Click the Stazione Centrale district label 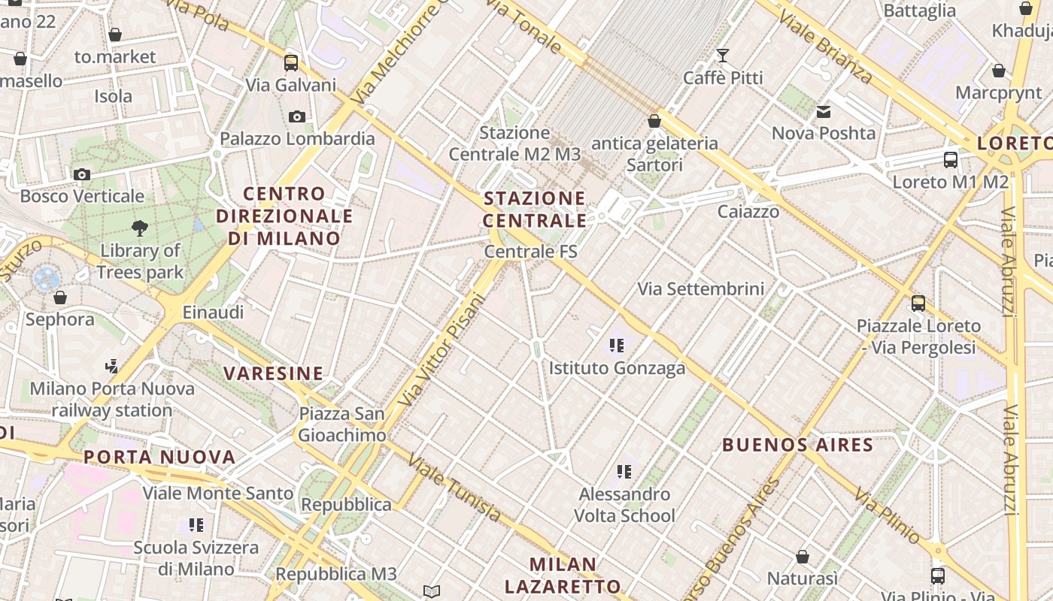(535, 210)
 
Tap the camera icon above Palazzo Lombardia (297, 116)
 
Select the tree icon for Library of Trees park (139, 228)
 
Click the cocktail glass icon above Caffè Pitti (723, 55)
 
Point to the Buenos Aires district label (797, 444)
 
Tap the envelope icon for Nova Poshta (824, 112)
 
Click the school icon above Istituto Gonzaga (617, 346)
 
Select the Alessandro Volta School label (624, 505)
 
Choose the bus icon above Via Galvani (291, 62)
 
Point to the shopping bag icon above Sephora (60, 297)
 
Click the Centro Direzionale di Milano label (284, 216)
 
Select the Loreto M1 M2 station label (950, 182)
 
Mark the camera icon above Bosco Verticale (82, 174)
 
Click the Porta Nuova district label (159, 457)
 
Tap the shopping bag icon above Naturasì (803, 557)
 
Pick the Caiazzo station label (748, 211)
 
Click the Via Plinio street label (888, 516)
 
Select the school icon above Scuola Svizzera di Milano (196, 525)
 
